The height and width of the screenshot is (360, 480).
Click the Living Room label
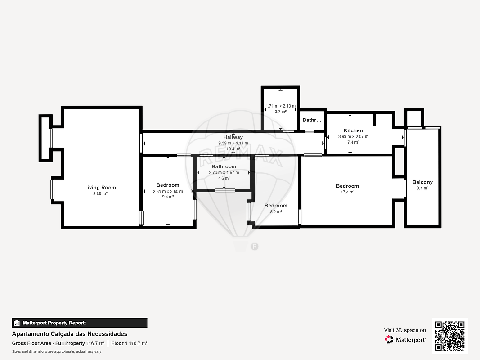click(100, 188)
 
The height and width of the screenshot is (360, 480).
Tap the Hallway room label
click(233, 137)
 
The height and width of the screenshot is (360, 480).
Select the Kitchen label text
click(353, 130)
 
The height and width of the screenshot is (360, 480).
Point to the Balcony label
click(422, 182)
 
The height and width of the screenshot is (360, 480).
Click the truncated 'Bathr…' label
click(312, 120)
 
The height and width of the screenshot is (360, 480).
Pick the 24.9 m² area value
click(100, 194)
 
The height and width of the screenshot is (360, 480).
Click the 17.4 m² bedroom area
click(347, 192)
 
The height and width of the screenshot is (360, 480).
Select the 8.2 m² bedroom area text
click(276, 212)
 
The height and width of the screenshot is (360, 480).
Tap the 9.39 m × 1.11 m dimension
click(233, 143)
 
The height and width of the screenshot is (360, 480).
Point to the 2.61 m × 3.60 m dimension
click(168, 192)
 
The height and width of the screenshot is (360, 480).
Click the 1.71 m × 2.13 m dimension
click(280, 106)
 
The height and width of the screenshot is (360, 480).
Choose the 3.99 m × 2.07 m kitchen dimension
click(353, 136)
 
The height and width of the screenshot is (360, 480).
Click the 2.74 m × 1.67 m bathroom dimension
click(224, 173)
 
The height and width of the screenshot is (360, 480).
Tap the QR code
click(450, 336)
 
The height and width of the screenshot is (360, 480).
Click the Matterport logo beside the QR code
click(405, 339)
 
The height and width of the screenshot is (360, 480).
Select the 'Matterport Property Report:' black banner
click(80, 323)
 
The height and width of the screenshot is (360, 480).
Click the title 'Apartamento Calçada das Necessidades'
click(69, 334)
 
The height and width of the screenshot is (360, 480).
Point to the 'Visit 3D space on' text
click(405, 330)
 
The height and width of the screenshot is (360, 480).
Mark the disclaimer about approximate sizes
click(57, 351)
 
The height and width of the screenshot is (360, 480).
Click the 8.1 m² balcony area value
click(422, 188)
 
